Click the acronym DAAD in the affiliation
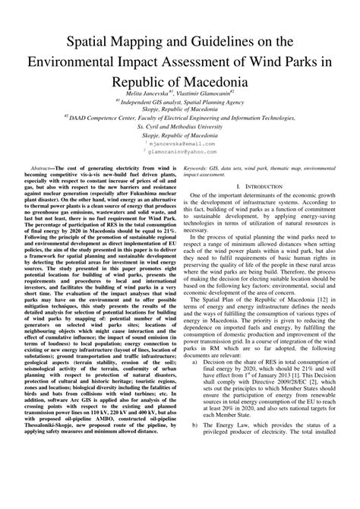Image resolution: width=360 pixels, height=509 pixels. coord(77,118)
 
